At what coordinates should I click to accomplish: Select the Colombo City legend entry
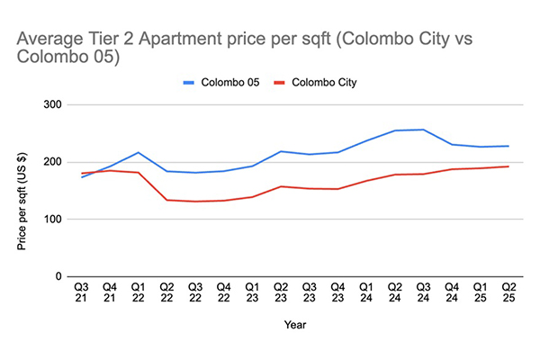click(319, 83)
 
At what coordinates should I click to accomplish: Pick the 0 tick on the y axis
click(57, 277)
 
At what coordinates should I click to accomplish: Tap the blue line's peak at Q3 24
click(423, 130)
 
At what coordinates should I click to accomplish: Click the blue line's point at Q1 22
click(139, 153)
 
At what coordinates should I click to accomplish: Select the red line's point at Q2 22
click(167, 200)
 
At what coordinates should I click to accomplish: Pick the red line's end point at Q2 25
click(508, 166)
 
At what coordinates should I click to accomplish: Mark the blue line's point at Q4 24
click(452, 145)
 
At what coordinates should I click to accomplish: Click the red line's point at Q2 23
click(282, 186)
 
